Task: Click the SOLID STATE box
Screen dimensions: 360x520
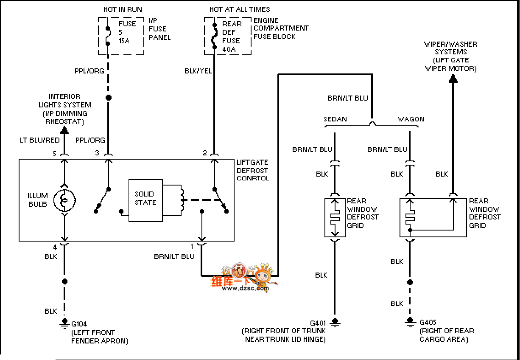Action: click(x=145, y=200)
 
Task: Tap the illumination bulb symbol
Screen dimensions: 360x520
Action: click(x=64, y=200)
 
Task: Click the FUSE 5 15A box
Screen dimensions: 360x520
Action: click(x=121, y=36)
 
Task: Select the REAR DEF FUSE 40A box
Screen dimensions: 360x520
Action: click(x=227, y=36)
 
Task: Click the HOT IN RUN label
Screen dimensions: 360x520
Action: click(x=123, y=9)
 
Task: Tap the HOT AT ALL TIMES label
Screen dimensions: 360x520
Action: click(x=239, y=9)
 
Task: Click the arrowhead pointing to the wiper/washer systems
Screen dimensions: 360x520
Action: click(x=453, y=78)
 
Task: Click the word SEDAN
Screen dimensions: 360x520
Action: click(x=335, y=119)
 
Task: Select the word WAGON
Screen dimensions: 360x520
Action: click(x=411, y=119)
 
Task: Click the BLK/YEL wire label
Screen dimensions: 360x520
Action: click(x=198, y=71)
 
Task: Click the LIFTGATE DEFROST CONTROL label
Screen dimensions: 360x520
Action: click(x=252, y=170)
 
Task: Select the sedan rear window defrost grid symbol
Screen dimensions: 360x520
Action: click(x=335, y=217)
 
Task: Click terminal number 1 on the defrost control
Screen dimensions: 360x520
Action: click(x=192, y=246)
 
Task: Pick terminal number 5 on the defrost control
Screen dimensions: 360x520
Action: click(x=54, y=154)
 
